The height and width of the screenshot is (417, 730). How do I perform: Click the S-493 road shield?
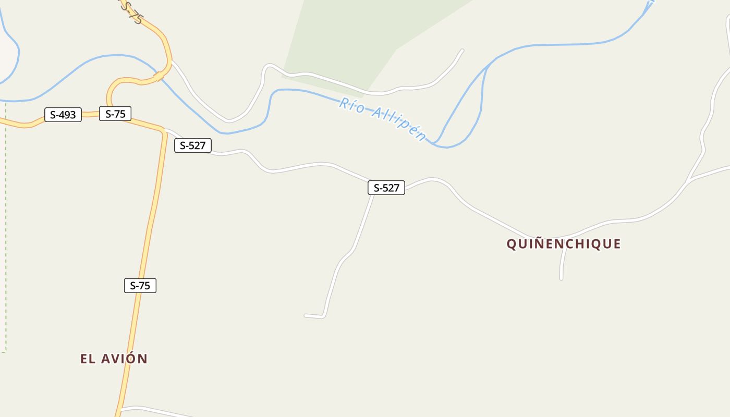pyautogui.click(x=63, y=115)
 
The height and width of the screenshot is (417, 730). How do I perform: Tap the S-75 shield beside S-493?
pyautogui.click(x=115, y=114)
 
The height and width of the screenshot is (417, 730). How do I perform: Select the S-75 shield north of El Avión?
pyautogui.click(x=140, y=286)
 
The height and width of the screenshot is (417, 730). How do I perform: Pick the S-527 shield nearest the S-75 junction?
pyautogui.click(x=193, y=145)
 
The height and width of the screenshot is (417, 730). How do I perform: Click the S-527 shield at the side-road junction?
pyautogui.click(x=386, y=188)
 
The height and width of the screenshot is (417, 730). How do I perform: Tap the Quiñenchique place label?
pyautogui.click(x=564, y=244)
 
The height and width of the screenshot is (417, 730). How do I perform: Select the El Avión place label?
pyautogui.click(x=114, y=359)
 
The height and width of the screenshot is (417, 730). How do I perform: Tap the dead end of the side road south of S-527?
pyautogui.click(x=306, y=315)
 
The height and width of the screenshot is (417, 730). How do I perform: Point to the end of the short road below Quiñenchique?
pyautogui.click(x=561, y=279)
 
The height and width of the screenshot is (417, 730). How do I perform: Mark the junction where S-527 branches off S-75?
pyautogui.click(x=164, y=130)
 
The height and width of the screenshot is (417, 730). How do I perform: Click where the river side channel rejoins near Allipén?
pyautogui.click(x=434, y=143)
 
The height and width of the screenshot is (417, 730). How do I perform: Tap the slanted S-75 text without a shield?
pyautogui.click(x=131, y=13)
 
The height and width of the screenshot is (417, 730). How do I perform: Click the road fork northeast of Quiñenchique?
pyautogui.click(x=689, y=180)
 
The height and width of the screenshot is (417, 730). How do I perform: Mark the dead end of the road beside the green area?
pyautogui.click(x=462, y=51)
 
